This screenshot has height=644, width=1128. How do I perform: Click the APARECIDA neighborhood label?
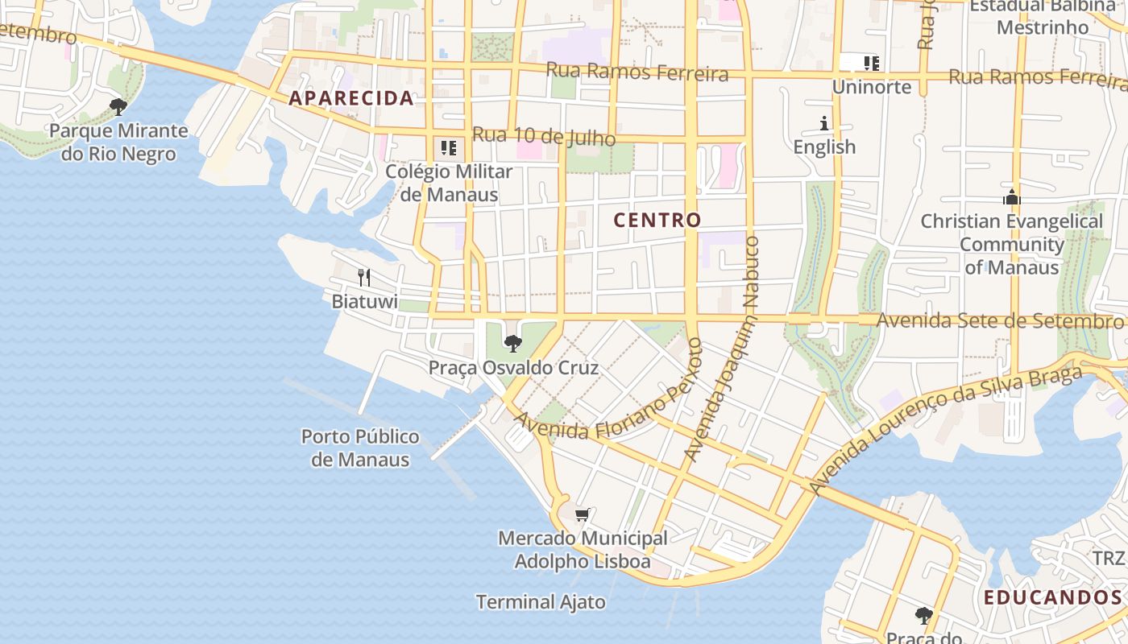pos(351,98)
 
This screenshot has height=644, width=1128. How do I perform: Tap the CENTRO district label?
pos(657,220)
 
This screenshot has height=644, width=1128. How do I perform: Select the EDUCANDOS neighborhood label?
pos(1052,597)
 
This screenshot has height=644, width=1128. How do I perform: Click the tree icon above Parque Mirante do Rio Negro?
pos(118,106)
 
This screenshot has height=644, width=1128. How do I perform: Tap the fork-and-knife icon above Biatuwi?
pos(364,278)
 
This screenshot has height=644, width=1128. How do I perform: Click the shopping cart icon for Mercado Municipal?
pos(583,514)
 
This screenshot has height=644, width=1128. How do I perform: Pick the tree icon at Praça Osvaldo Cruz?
pos(512,344)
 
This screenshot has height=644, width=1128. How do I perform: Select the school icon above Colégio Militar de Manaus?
pos(449,148)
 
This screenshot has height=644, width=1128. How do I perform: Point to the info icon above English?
pos(824,123)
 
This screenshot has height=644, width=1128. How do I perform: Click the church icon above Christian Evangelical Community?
pos(1012,197)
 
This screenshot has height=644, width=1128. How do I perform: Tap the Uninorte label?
pos(872,86)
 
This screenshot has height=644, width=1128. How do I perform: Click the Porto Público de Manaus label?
pos(360,448)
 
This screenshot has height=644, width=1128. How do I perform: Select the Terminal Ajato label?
pos(541,601)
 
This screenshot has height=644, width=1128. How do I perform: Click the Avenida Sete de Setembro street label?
pos(999,320)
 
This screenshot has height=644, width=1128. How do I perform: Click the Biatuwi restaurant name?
pos(365,302)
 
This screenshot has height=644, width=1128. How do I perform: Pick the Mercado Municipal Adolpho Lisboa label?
pos(583,549)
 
